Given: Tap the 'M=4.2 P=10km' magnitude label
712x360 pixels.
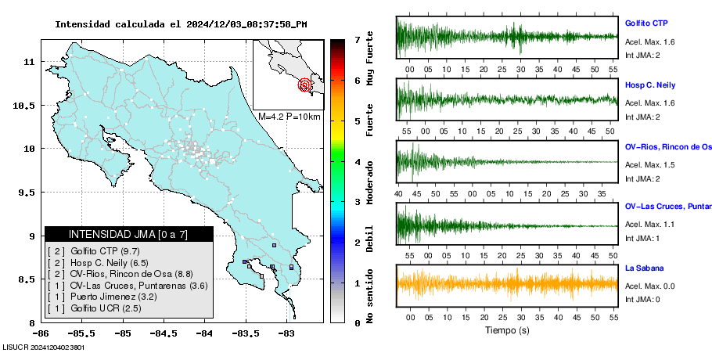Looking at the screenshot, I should (x=289, y=117).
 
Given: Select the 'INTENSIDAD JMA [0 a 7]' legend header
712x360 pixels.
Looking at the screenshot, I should (x=129, y=234).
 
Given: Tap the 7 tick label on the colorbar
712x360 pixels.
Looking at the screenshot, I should (x=357, y=39).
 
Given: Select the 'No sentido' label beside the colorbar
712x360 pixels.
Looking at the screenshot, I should (x=369, y=295).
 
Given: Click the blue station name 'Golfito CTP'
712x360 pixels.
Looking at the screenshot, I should (x=646, y=23).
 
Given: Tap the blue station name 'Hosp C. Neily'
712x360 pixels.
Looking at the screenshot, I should (x=650, y=85).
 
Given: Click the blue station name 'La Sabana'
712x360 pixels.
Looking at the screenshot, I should (x=643, y=268).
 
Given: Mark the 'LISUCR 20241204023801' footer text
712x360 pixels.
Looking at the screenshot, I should (x=44, y=347).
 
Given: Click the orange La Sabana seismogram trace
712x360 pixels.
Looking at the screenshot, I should (x=507, y=284).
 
